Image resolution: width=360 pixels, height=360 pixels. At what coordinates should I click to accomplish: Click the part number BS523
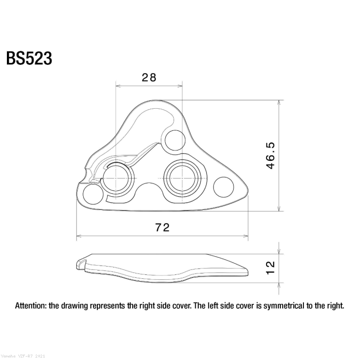click(x=29, y=58)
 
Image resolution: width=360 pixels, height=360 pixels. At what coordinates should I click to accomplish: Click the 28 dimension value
click(x=149, y=77)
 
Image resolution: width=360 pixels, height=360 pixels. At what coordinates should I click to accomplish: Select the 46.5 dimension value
click(x=271, y=156)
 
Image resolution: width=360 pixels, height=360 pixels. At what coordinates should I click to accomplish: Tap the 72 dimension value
click(x=162, y=227)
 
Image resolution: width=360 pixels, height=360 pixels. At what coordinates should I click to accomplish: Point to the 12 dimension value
click(x=271, y=268)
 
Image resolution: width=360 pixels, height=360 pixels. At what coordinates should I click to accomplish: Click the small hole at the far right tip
click(x=225, y=185)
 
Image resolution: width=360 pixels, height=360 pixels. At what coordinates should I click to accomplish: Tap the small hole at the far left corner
click(x=91, y=193)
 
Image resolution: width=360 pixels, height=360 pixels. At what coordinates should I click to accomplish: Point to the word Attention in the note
click(x=31, y=305)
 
